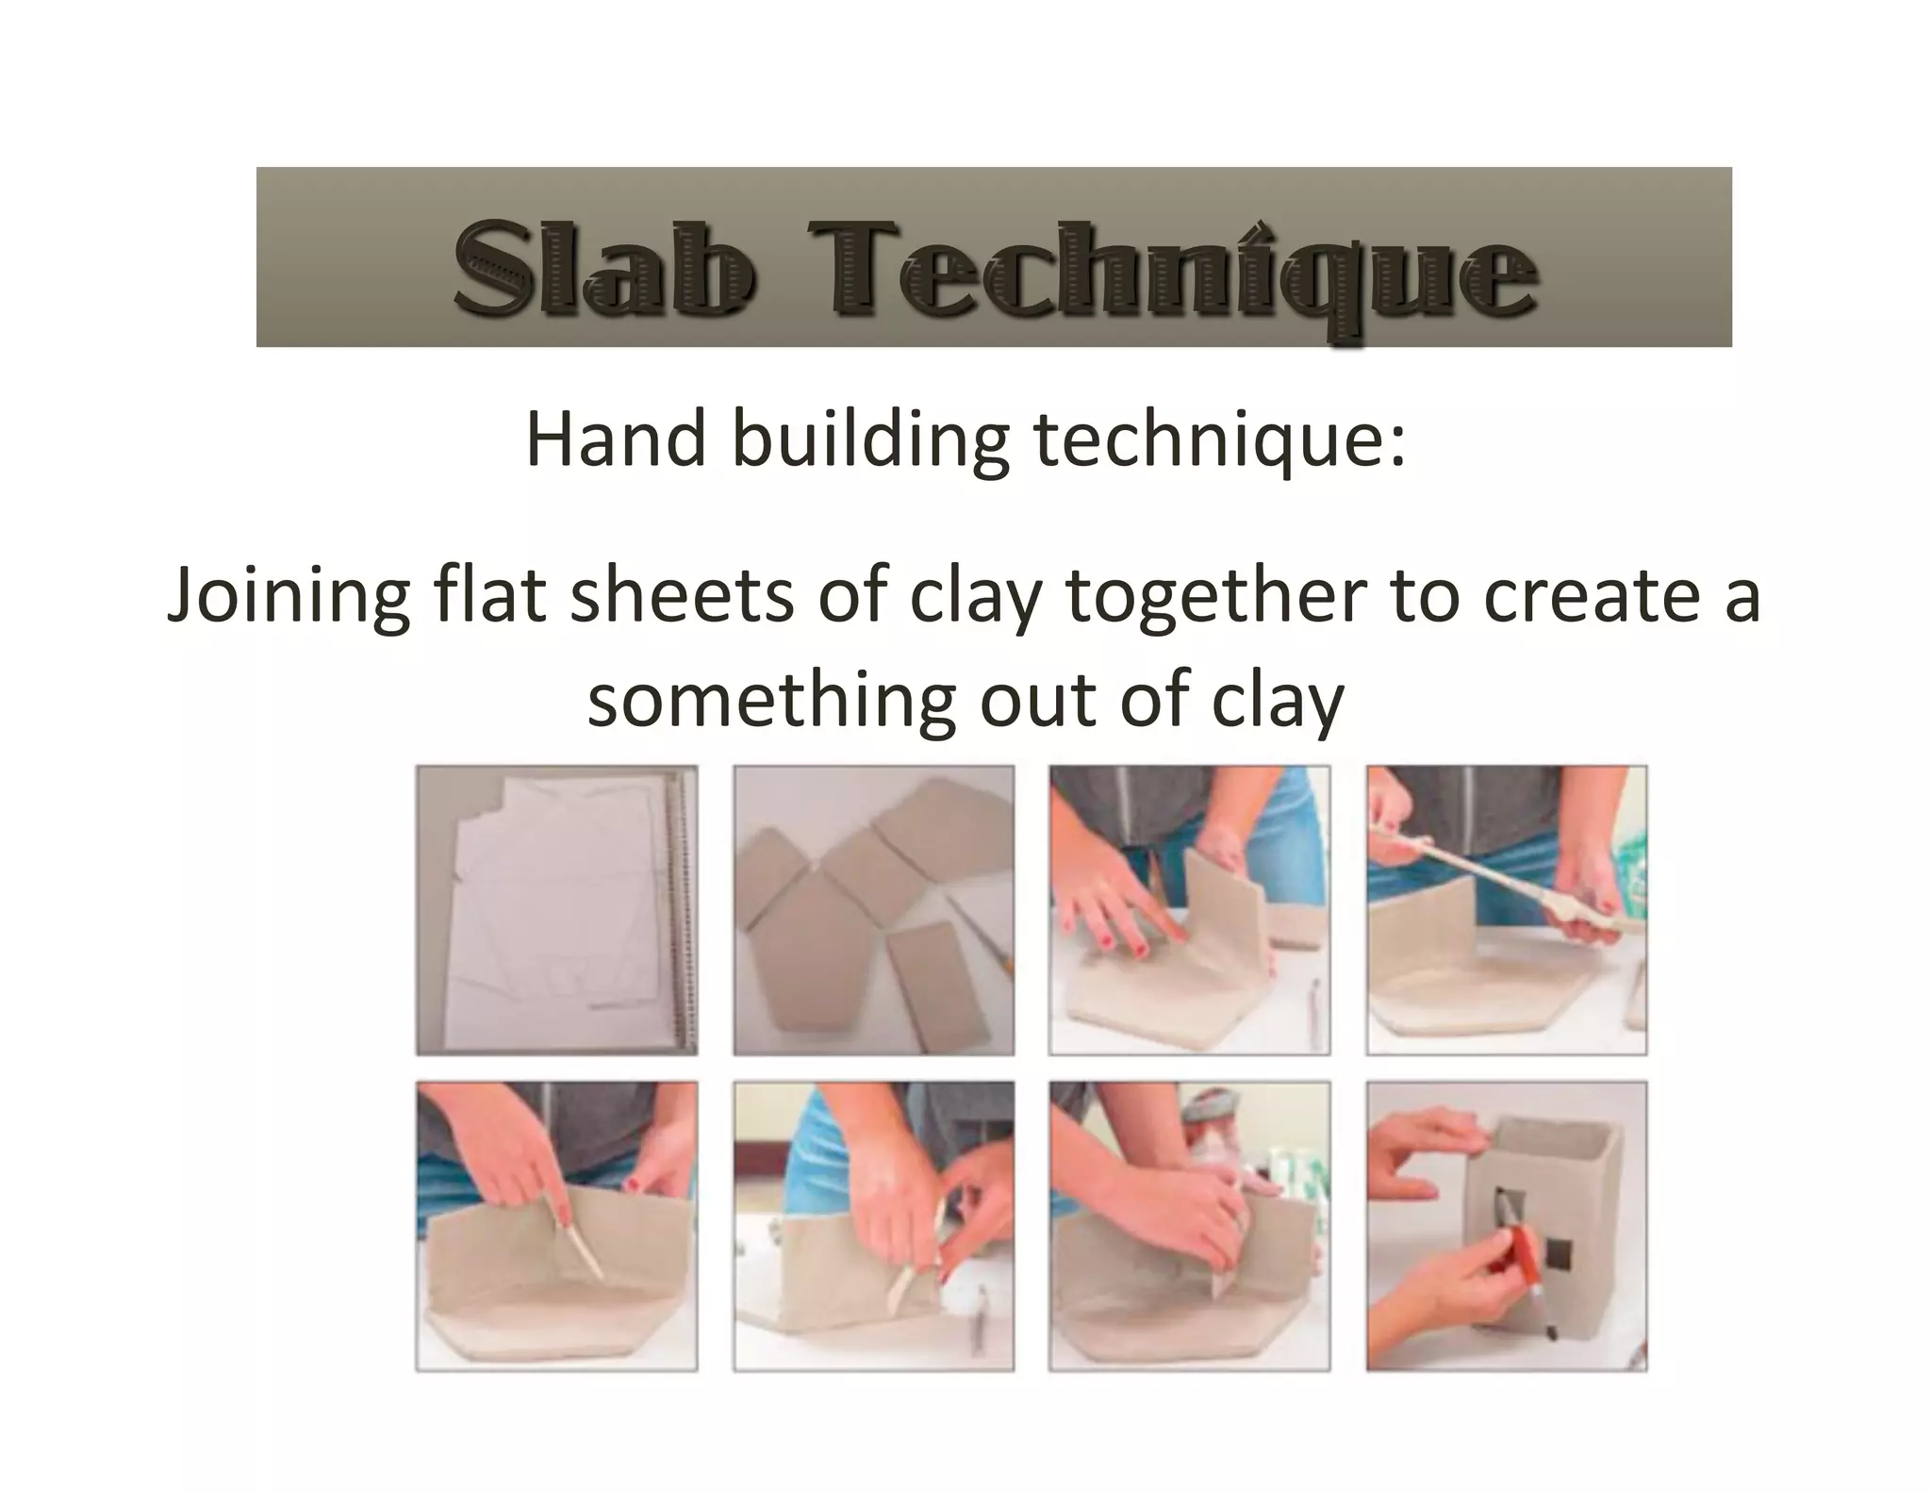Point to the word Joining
288,598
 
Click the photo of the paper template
556,910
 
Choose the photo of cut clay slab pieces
873,910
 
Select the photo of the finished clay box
1507,1226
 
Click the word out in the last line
1037,700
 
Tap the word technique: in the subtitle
1220,441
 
